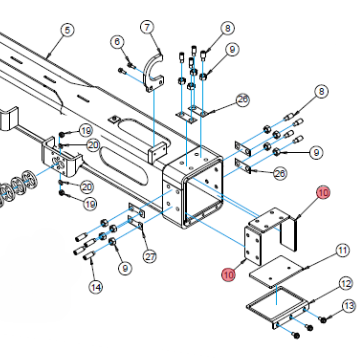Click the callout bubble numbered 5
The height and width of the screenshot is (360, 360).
[67, 30]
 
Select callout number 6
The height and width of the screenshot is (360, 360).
[117, 42]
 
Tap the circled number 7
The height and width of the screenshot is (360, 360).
[147, 27]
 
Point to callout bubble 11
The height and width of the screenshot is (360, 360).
[343, 250]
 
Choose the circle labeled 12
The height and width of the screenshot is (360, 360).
[346, 284]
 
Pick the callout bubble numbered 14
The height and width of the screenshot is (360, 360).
[96, 287]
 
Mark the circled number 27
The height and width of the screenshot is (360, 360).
[150, 256]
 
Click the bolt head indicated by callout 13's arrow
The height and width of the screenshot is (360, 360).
[323, 320]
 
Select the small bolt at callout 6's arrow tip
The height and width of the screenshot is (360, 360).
[130, 65]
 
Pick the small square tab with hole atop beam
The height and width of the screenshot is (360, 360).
[114, 119]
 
